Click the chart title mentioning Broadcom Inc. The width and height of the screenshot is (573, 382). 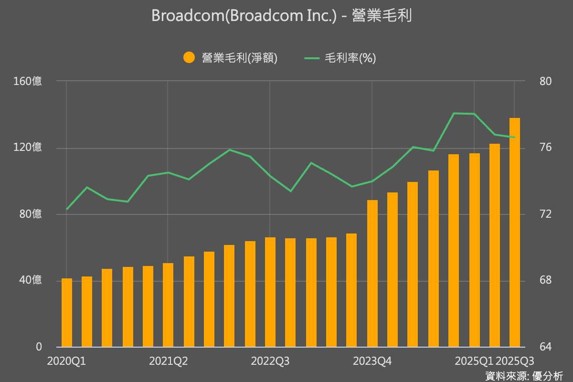[x=281, y=16]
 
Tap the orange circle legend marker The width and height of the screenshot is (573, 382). [x=189, y=58]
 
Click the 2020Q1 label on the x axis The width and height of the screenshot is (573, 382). [x=66, y=361]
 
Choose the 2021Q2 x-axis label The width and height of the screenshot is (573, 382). [x=168, y=361]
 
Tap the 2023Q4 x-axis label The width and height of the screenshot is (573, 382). [x=372, y=361]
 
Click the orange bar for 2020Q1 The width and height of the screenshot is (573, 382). [x=67, y=313]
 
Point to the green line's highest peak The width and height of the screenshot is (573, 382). [x=454, y=113]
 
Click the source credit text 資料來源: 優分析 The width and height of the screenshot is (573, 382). [x=524, y=375]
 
